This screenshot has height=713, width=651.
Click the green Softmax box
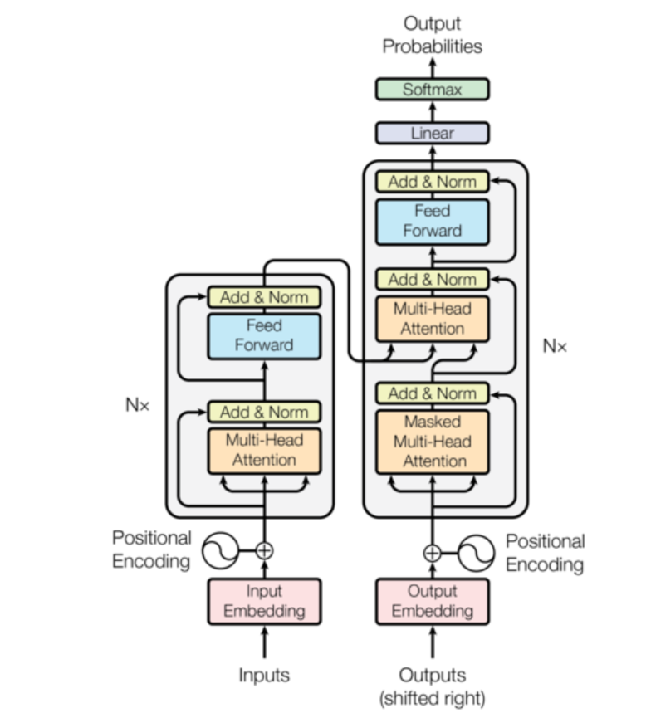[x=432, y=89]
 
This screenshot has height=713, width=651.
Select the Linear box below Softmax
[x=432, y=133]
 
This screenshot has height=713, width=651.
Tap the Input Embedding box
[x=264, y=601]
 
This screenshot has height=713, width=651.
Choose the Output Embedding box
[x=432, y=601]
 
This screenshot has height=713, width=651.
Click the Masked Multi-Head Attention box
[x=432, y=442]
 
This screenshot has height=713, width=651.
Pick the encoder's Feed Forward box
[x=264, y=335]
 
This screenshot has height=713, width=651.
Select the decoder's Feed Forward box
[x=432, y=221]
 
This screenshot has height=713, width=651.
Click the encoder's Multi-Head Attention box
[x=264, y=450]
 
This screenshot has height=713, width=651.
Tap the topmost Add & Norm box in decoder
[x=432, y=182]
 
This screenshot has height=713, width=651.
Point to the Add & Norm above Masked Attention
[x=432, y=393]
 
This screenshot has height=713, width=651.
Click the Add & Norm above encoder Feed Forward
[x=264, y=296]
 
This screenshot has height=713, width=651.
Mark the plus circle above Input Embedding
[x=264, y=549]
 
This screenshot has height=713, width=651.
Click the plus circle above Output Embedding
[x=432, y=552]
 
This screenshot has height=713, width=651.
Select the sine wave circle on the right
[x=477, y=553]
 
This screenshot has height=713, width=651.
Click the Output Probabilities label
[x=432, y=35]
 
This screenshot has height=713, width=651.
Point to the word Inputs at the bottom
[x=264, y=675]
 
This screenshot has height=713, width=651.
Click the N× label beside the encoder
[x=137, y=407]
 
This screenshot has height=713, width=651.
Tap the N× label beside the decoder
[x=555, y=345]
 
